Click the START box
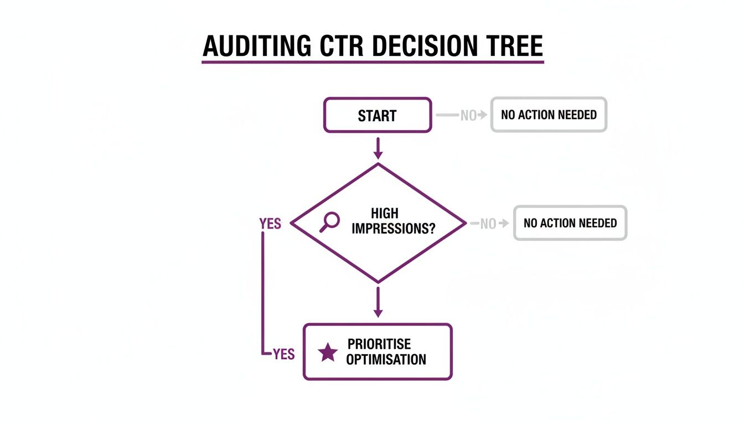(377, 116)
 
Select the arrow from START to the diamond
(378, 148)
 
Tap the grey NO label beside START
(468, 116)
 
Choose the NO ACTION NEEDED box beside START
(549, 115)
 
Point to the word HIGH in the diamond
(384, 214)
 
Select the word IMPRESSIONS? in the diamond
(394, 229)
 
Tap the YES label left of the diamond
(270, 224)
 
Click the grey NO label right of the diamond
(488, 224)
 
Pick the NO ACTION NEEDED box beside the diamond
(570, 223)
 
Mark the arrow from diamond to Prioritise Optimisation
(378, 302)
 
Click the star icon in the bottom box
(328, 353)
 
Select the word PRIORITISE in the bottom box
(379, 344)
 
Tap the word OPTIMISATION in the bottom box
(386, 360)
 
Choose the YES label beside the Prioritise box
(284, 354)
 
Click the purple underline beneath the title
(373, 62)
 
